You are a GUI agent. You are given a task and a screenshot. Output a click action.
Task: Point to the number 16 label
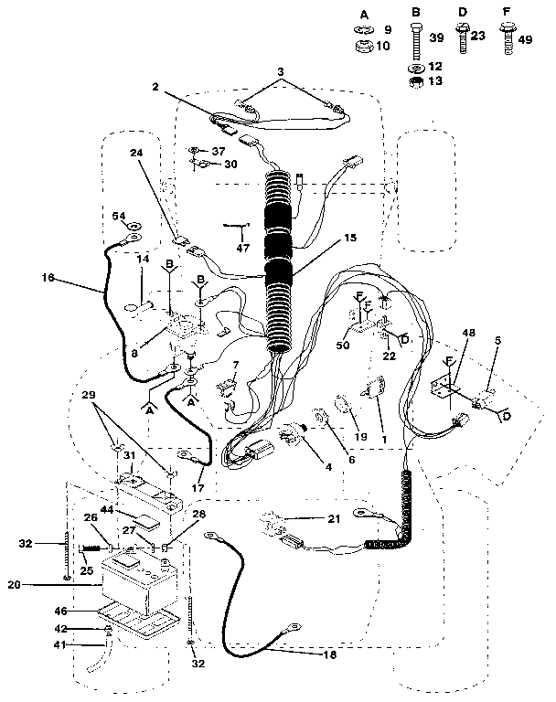(x=48, y=275)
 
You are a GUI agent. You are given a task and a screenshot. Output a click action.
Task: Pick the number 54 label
(x=119, y=216)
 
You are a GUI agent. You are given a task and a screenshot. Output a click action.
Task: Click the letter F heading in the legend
(x=505, y=14)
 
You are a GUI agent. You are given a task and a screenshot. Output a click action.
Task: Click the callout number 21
(x=333, y=518)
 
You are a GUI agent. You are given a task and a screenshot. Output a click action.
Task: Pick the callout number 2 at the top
(x=157, y=88)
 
